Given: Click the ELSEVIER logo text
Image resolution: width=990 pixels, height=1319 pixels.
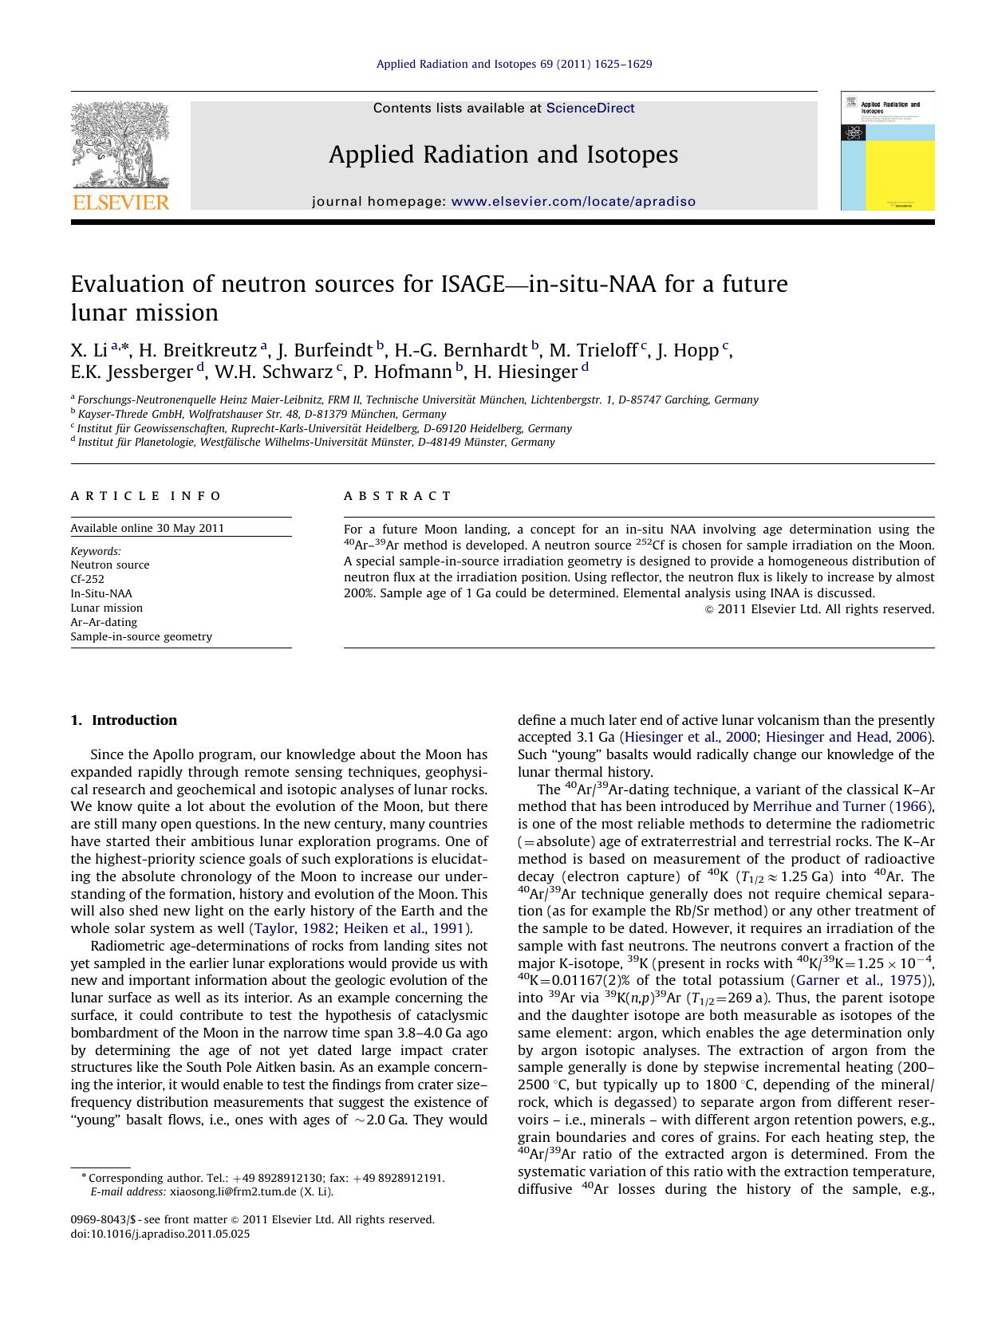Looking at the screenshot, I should click(x=120, y=203).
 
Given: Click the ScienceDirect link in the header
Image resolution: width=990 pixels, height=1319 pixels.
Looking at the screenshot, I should click(x=590, y=108).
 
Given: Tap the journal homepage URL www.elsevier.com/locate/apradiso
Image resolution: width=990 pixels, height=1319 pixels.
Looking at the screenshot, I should click(x=573, y=202).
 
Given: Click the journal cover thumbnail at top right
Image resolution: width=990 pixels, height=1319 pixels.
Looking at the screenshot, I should click(x=887, y=152).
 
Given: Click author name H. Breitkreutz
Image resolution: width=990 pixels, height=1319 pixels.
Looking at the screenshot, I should click(x=198, y=351).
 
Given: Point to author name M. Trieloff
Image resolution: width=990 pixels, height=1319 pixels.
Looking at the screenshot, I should click(x=593, y=351).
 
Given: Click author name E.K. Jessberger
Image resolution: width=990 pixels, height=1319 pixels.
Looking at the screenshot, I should click(x=132, y=372).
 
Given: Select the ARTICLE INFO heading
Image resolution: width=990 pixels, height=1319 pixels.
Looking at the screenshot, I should click(x=146, y=496).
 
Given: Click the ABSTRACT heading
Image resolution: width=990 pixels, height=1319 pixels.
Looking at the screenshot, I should click(x=397, y=496).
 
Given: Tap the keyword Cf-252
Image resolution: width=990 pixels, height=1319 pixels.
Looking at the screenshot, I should click(x=87, y=579).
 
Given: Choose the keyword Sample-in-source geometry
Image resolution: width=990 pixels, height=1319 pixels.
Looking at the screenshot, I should click(x=141, y=636).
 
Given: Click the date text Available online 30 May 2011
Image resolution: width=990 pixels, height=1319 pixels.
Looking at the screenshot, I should click(x=147, y=528).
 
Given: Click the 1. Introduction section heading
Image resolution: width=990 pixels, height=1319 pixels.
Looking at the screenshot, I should click(x=124, y=720).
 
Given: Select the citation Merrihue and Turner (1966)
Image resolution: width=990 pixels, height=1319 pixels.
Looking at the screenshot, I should click(x=842, y=806).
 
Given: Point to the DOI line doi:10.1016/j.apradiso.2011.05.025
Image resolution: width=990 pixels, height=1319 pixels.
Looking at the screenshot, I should click(x=160, y=1234).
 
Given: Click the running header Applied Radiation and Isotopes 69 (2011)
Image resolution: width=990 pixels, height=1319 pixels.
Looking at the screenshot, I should click(x=514, y=64).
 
